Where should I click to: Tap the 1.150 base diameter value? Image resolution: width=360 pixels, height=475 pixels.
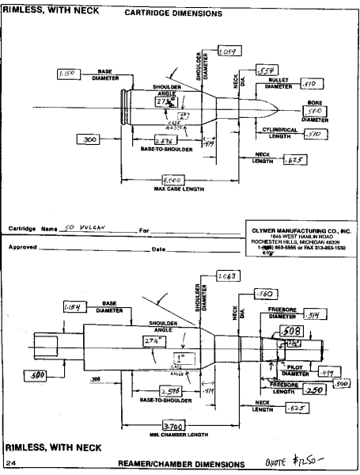tap(66, 73)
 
